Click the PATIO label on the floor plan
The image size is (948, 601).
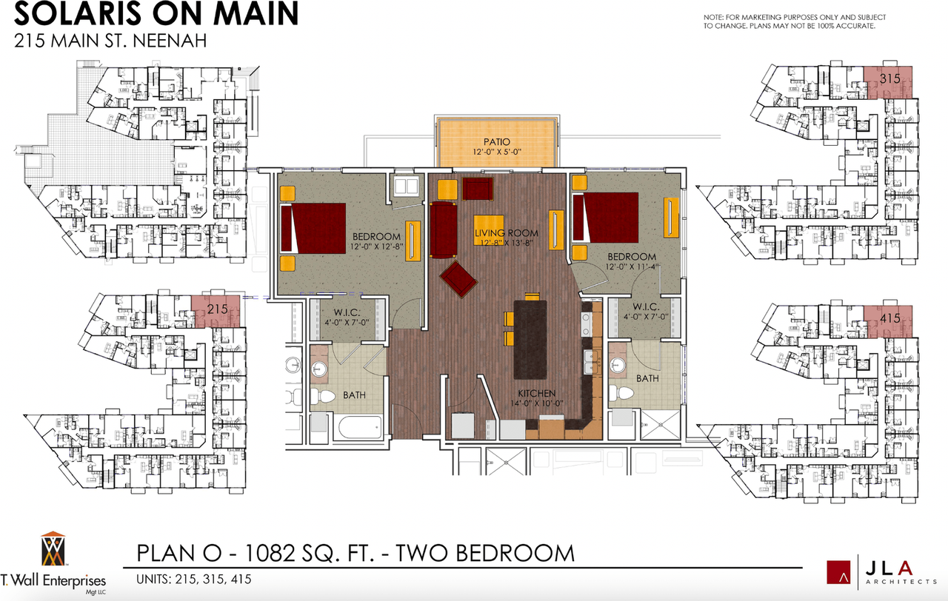(497, 141)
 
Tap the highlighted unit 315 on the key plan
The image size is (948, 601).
(888, 82)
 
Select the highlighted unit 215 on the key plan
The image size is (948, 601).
(216, 312)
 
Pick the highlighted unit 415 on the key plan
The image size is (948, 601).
(888, 321)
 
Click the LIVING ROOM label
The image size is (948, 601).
(506, 232)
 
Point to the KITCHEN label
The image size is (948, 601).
(537, 393)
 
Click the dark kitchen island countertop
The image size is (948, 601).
(530, 340)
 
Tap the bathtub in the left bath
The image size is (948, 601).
(360, 427)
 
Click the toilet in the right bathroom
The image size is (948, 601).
(621, 393)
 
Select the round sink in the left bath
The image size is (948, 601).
(319, 369)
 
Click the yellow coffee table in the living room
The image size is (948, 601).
(488, 230)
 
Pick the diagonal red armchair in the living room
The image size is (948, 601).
(458, 279)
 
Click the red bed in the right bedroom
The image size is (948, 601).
(606, 218)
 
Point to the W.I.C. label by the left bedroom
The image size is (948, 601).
(347, 312)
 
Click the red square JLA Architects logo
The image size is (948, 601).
(838, 572)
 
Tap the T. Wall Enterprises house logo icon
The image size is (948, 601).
(53, 548)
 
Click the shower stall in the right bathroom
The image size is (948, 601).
(661, 424)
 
